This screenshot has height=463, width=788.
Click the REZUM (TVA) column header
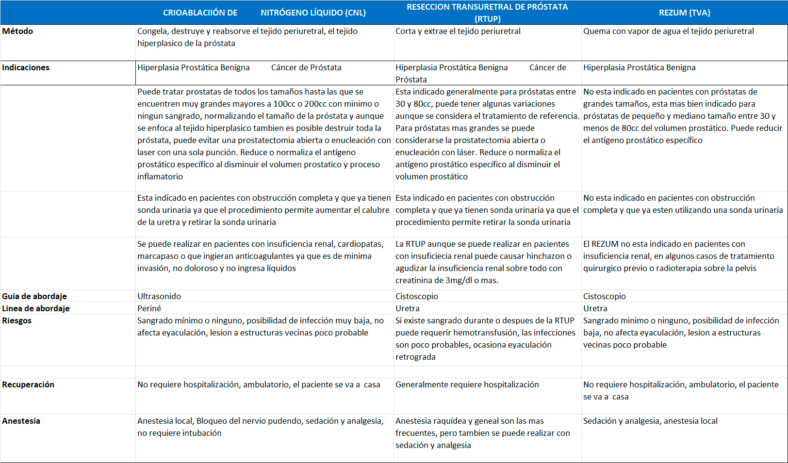pyautogui.click(x=684, y=13)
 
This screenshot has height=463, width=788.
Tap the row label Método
pyautogui.click(x=18, y=31)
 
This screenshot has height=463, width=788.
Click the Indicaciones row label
pyautogui.click(x=26, y=67)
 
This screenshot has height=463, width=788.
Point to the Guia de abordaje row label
pyautogui.click(x=34, y=296)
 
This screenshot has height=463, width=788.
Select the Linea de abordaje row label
pyautogui.click(x=36, y=308)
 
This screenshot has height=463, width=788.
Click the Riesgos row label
pyautogui.click(x=17, y=320)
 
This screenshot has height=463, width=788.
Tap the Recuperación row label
pyautogui.click(x=28, y=384)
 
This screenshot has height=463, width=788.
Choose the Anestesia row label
pyautogui.click(x=21, y=421)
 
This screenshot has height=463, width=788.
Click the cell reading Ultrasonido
pyautogui.click(x=159, y=296)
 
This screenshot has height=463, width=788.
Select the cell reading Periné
pyautogui.click(x=149, y=308)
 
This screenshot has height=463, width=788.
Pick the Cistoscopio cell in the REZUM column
pyautogui.click(x=605, y=296)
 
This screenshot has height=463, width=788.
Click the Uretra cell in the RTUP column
pyautogui.click(x=408, y=308)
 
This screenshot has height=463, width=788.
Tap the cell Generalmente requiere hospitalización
pyautogui.click(x=467, y=384)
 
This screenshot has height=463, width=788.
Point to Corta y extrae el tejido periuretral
pyautogui.click(x=458, y=31)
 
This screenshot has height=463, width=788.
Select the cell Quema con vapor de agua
pyautogui.click(x=668, y=31)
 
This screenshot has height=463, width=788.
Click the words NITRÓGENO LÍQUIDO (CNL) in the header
pyautogui.click(x=313, y=13)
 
